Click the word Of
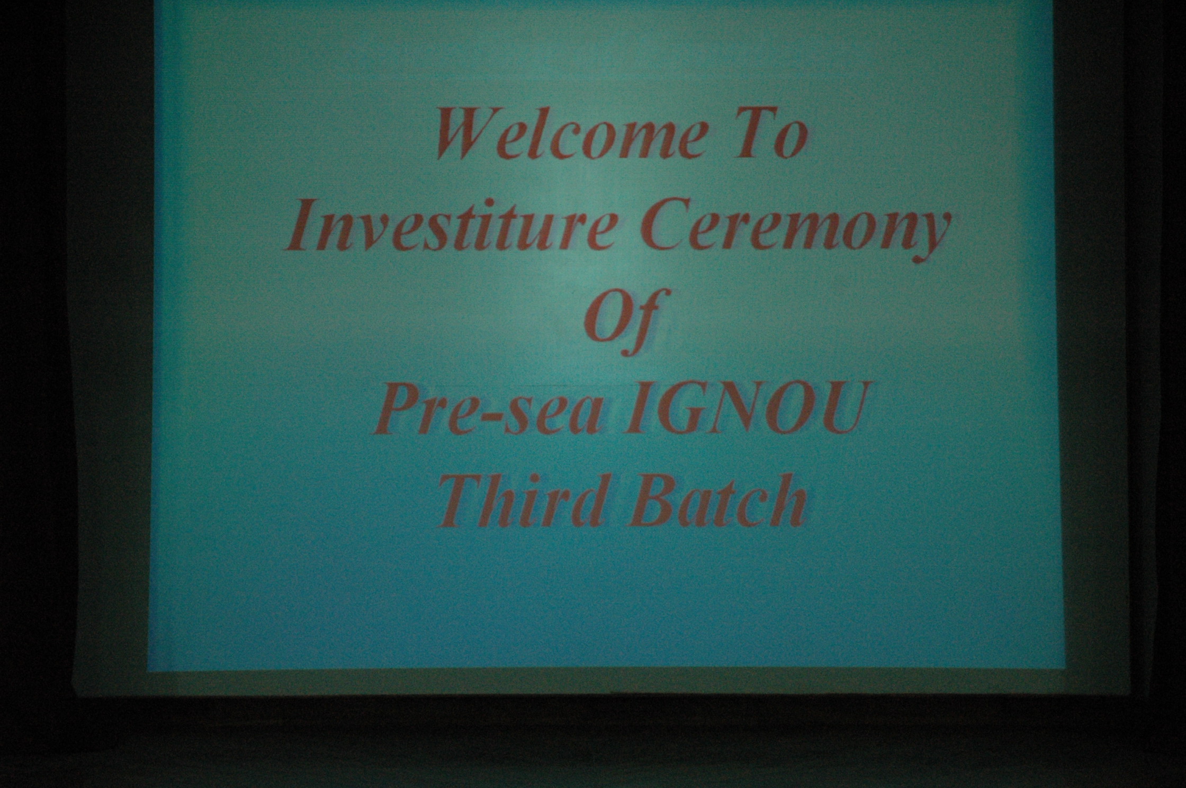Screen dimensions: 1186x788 coord(626,321)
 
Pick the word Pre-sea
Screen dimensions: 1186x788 coord(488,411)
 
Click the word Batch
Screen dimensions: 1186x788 coord(717,500)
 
